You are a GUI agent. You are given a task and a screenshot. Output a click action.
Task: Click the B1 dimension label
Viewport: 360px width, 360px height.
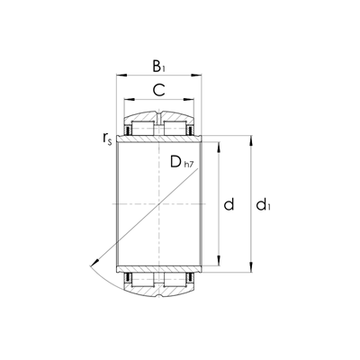coord(158,67)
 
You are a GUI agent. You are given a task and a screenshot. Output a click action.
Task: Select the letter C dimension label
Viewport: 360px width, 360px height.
coord(158,89)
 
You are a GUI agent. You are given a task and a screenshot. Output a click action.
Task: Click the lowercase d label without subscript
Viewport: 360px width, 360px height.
coord(229,205)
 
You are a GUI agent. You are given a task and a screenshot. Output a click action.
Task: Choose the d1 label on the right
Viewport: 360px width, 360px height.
coord(262,206)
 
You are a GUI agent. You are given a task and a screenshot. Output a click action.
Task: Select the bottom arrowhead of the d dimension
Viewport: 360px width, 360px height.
coord(219,261)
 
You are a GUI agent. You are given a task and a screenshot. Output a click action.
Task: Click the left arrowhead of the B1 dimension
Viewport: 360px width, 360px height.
coord(119,77)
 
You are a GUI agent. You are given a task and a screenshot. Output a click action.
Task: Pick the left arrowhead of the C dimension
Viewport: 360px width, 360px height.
coord(127,101)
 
